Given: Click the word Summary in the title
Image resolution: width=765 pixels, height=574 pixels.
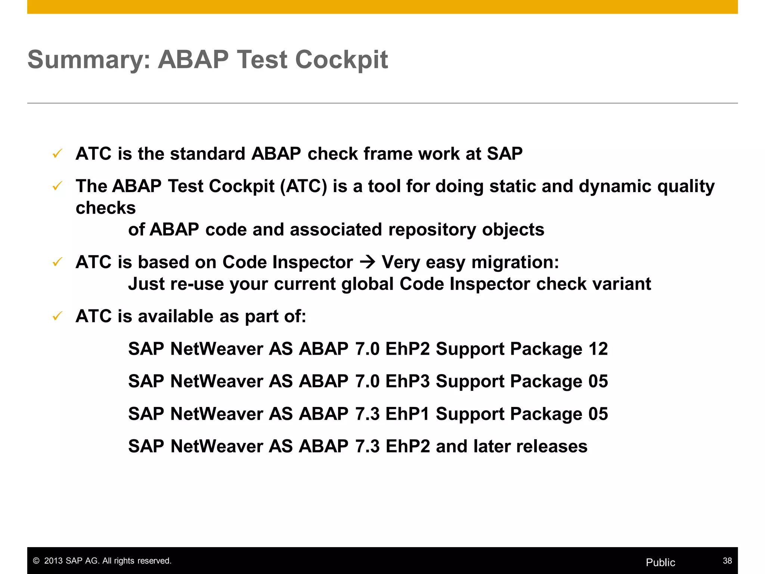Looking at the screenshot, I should point(89,60).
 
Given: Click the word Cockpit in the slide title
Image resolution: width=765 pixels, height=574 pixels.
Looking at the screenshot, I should point(341,60).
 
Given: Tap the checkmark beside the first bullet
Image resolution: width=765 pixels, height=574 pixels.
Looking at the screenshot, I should point(57,154).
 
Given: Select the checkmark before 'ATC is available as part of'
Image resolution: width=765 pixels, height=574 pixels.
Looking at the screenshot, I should point(57,316).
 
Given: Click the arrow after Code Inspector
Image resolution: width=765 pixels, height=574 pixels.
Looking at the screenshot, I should point(367,262).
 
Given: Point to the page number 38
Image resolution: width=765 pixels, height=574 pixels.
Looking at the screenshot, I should point(727,561).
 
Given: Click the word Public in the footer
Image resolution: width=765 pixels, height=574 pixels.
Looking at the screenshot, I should point(660,562).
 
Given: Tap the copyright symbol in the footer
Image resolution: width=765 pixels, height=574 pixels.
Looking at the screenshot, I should point(36,561).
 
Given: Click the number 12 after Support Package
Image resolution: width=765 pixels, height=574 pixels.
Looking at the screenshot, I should point(598,349).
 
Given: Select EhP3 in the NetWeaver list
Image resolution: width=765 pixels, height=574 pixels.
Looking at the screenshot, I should point(408,382).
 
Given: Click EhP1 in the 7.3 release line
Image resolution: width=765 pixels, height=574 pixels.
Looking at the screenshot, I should point(408,414).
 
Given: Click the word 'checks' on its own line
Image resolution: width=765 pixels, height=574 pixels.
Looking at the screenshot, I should point(106,208).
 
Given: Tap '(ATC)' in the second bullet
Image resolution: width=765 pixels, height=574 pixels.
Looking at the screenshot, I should point(303,186).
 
